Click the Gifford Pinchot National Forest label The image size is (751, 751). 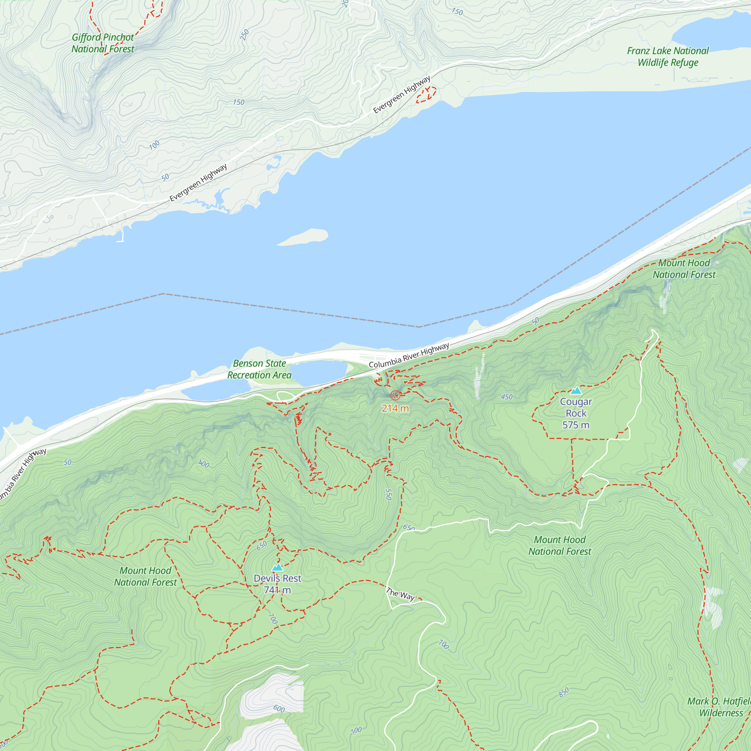(103, 43)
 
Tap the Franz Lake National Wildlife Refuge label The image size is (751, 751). (667, 57)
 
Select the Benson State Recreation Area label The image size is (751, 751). (259, 369)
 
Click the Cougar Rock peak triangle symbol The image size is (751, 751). (576, 390)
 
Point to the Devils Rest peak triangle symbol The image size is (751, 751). (277, 567)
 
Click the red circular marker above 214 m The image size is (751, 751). (395, 395)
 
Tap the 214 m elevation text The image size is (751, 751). (395, 408)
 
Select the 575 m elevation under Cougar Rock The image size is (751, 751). (576, 425)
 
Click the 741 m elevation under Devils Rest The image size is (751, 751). (277, 590)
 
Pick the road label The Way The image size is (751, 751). (401, 594)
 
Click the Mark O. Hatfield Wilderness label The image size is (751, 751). (719, 707)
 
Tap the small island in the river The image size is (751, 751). (303, 237)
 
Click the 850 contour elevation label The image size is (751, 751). (564, 692)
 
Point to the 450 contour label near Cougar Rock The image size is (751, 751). (507, 397)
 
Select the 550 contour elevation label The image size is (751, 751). (388, 495)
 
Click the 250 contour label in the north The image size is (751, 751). (244, 35)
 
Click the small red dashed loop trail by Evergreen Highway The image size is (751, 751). (426, 95)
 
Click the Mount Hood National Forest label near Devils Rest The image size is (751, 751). (145, 576)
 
